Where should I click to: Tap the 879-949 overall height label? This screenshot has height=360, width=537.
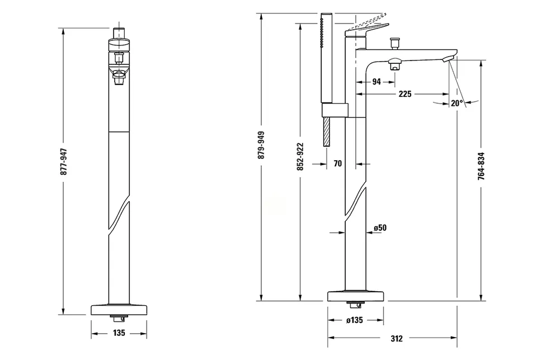point(262,145)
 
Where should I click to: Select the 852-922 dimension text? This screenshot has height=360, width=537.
point(300,157)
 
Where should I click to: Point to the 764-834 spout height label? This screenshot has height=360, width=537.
point(482,166)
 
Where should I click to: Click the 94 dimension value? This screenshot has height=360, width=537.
point(376,82)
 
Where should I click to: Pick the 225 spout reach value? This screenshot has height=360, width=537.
point(405,94)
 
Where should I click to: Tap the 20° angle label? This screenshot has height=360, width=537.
point(457,103)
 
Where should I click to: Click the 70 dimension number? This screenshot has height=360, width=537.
point(338,164)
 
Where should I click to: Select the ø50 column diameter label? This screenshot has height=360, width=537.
point(380,228)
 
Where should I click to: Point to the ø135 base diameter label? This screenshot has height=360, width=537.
point(355,320)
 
